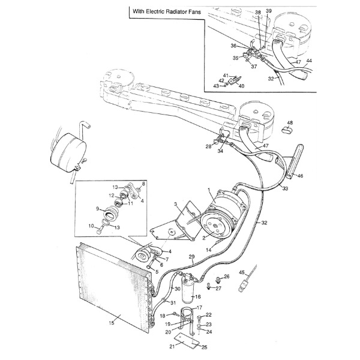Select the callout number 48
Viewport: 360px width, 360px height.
tap(290, 122)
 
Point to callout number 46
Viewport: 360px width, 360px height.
tap(301, 176)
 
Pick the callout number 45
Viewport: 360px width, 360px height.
tap(242, 273)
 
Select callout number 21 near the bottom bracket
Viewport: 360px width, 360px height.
tap(172, 347)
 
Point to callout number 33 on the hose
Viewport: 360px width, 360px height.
tap(285, 189)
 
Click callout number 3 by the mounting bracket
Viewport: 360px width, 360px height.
tap(176, 205)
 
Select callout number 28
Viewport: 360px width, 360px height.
tap(208, 146)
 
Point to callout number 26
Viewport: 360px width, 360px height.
tap(226, 277)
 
